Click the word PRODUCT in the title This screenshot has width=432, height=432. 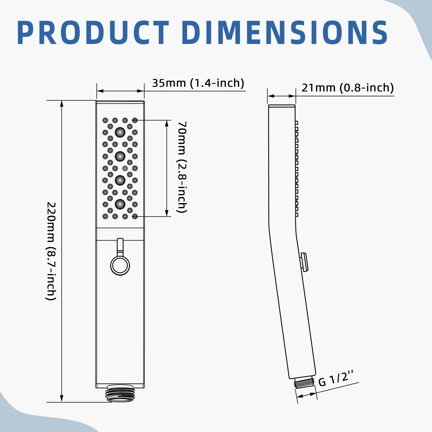tap(93, 33)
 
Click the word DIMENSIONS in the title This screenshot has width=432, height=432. tap(285, 33)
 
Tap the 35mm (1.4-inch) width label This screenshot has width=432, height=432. tap(198, 83)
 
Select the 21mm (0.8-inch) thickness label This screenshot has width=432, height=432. tap(348, 88)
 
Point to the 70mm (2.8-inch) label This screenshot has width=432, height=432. tap(182, 167)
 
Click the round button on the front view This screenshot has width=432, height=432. tap(120, 266)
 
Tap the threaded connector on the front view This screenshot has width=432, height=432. tap(120, 393)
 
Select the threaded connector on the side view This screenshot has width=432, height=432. tap(305, 382)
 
